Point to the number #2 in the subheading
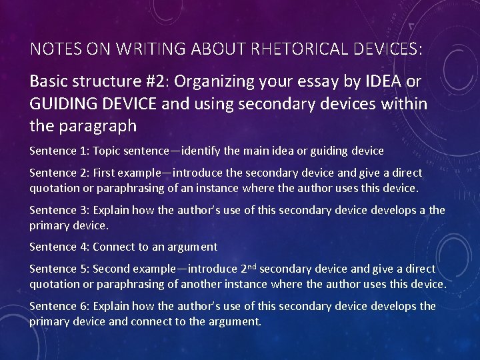(x=165, y=81)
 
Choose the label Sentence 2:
(x=59, y=173)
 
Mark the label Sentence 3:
(x=59, y=210)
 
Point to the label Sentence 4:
(x=59, y=247)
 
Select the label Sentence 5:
(x=59, y=269)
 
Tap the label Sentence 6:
(x=59, y=306)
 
